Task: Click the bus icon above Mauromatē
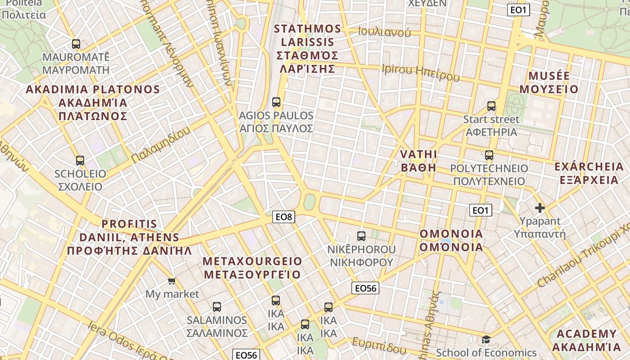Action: (76, 44)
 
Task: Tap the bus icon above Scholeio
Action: (80, 161)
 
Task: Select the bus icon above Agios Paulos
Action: (276, 102)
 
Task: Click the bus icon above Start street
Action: (491, 107)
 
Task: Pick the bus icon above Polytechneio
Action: (489, 155)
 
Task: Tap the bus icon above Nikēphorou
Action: (361, 236)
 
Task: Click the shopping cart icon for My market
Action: (171, 281)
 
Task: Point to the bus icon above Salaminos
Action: (217, 307)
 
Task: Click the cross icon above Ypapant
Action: (540, 208)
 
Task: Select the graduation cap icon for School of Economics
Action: (486, 339)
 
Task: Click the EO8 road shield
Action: (283, 217)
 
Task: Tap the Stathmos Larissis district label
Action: (308, 49)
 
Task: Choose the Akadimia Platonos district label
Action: (93, 103)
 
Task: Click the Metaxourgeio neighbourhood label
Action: (252, 268)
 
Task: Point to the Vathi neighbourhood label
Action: (418, 161)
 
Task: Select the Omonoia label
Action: (451, 240)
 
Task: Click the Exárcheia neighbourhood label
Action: (589, 173)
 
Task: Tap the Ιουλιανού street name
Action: (385, 31)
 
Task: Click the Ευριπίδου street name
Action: (379, 345)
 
